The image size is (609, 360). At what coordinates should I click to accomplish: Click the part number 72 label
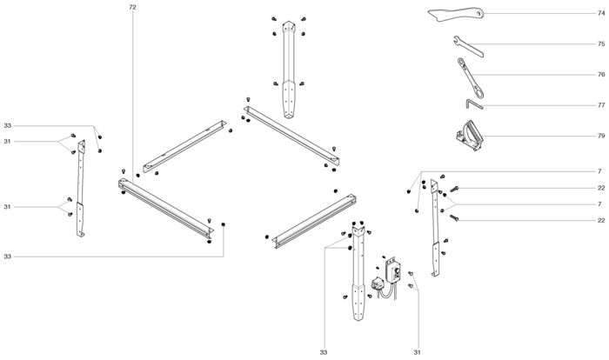pos(132,7)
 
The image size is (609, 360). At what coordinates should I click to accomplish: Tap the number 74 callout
pos(600,13)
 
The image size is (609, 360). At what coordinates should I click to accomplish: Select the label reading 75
pos(600,43)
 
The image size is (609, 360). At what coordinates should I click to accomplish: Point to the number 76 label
pos(600,75)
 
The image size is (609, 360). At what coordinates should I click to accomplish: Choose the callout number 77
pos(600,105)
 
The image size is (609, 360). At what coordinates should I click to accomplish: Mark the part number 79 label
pos(600,136)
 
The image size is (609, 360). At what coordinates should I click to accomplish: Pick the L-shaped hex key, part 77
pos(473,104)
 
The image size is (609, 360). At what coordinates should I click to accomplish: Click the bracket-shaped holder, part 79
pos(467,136)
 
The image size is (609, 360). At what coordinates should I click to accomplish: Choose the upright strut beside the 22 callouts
pos(436,226)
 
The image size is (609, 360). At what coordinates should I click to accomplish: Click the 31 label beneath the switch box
pos(417,351)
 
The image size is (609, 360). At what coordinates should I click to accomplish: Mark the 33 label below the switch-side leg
pos(324,351)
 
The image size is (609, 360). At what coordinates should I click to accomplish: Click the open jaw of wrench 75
pos(458,38)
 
